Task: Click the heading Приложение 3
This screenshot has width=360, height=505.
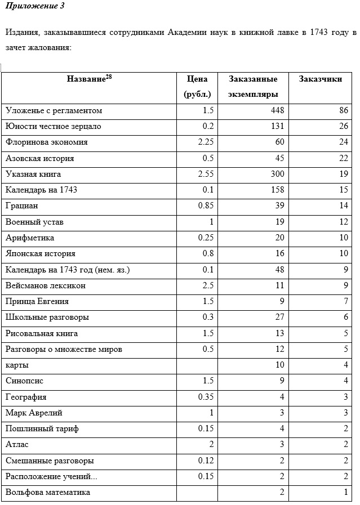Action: (x=35, y=7)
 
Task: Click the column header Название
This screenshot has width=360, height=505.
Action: (x=86, y=79)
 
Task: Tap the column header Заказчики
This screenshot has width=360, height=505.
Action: (x=320, y=79)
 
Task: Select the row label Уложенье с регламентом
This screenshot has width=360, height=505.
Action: (x=54, y=110)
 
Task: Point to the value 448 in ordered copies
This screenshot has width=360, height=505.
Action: (x=277, y=110)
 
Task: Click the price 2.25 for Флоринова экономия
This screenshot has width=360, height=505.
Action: (x=206, y=142)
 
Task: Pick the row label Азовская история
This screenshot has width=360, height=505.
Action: (x=39, y=158)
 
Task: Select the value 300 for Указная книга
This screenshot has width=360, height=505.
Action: (x=277, y=174)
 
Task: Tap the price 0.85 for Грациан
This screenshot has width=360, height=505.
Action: (x=206, y=206)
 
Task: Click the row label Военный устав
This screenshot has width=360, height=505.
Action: (x=34, y=222)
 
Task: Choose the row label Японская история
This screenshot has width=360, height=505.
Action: (x=40, y=254)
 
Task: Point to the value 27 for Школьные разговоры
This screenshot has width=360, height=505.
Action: (x=279, y=317)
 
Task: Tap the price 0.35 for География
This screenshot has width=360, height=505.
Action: (x=206, y=397)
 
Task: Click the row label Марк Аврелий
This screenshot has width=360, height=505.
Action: (x=34, y=413)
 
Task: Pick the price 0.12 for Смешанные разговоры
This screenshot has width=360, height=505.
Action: (x=206, y=461)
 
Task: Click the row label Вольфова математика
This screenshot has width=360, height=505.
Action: (x=48, y=492)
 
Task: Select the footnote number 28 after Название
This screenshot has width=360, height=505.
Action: (x=109, y=76)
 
